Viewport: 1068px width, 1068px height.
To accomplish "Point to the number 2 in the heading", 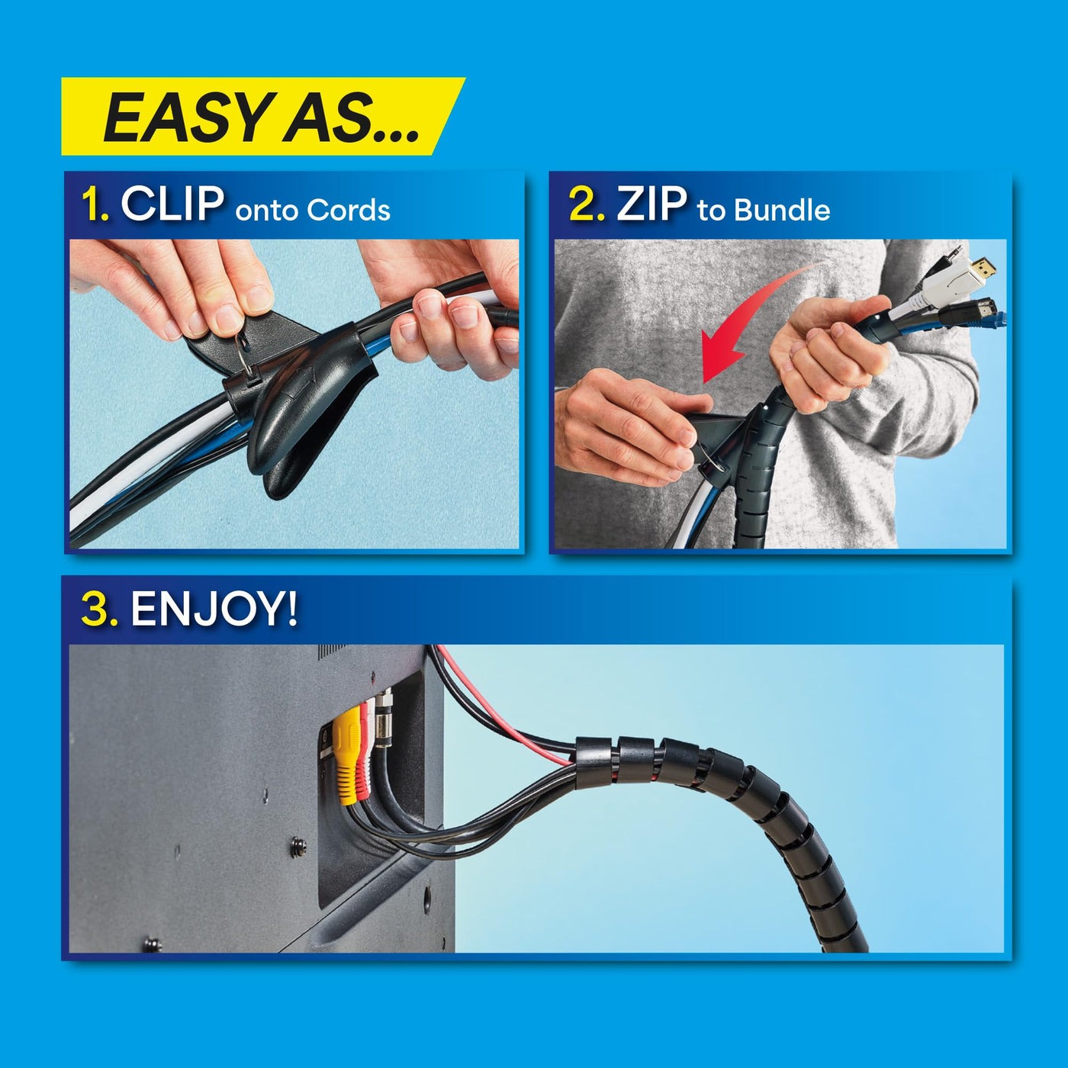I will coord(586,206).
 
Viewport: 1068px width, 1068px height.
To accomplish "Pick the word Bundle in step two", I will coord(781,211).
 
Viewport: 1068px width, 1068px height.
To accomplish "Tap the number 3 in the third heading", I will coord(98,610).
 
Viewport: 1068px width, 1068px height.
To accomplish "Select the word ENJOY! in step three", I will coord(214,610).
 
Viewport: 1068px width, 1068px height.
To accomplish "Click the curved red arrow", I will coord(751,320).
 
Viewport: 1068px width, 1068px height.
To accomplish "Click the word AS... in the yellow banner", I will coord(351,118).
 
